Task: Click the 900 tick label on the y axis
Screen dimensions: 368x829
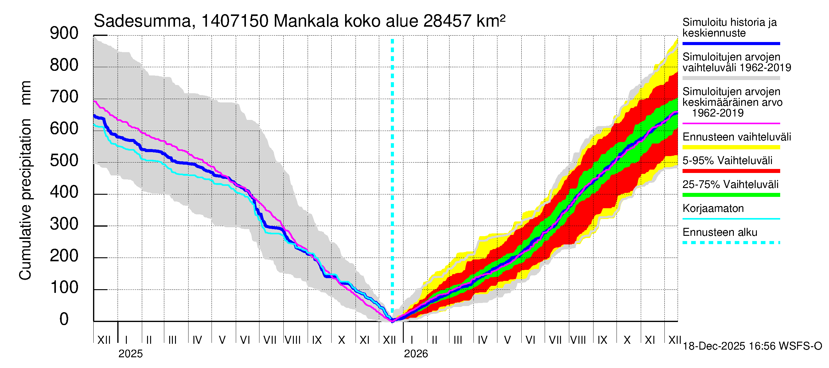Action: click(x=64, y=33)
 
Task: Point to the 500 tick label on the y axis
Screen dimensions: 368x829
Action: click(x=64, y=160)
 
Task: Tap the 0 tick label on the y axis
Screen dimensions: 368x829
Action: click(x=64, y=319)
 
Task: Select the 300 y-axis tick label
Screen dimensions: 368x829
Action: click(x=64, y=224)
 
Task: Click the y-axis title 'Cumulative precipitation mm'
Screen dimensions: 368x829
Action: click(x=25, y=180)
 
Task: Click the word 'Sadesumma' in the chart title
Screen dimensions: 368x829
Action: click(x=142, y=21)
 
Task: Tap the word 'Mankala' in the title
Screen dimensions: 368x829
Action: click(x=306, y=21)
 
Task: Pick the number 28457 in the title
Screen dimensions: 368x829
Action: click(x=447, y=21)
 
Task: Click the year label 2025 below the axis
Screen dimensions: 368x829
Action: click(x=130, y=354)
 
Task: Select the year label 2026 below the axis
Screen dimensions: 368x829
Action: click(x=416, y=354)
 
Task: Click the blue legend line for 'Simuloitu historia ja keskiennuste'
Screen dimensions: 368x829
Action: click(x=731, y=43)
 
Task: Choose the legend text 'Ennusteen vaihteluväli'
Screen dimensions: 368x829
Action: click(x=737, y=137)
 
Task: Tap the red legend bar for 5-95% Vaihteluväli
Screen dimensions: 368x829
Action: click(x=731, y=171)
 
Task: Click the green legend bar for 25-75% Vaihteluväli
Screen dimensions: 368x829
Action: click(x=731, y=195)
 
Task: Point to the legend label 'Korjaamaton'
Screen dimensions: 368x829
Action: click(x=713, y=209)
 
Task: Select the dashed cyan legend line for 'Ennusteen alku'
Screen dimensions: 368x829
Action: click(x=731, y=243)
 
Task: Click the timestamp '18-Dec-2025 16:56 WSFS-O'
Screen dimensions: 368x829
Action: click(x=752, y=346)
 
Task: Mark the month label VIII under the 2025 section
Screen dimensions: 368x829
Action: click(x=293, y=340)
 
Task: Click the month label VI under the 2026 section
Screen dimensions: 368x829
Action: click(x=530, y=340)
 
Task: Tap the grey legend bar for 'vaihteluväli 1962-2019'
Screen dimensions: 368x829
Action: click(x=731, y=78)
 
